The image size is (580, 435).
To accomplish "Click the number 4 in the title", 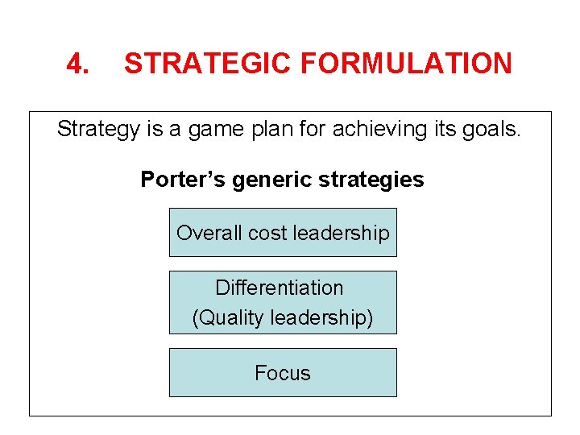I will tap(77, 63).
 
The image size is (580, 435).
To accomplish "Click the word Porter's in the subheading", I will tap(183, 179).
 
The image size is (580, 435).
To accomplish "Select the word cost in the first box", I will tap(267, 233).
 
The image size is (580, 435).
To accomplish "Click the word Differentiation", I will tap(280, 288).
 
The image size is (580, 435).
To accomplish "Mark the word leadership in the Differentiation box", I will tap(322, 317).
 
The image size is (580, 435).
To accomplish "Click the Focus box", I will tap(283, 373).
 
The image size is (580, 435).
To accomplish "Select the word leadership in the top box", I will tap(341, 233).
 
